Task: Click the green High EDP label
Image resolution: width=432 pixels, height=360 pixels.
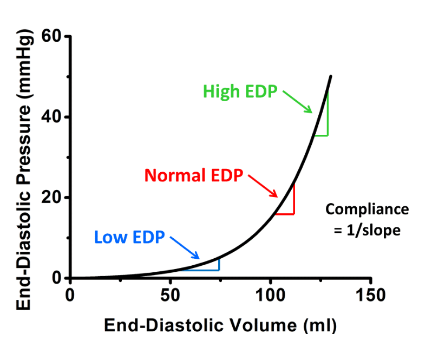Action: point(240,91)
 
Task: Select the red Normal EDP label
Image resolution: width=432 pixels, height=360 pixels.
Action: point(194,175)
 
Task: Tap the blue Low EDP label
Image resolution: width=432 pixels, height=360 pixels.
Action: point(129,237)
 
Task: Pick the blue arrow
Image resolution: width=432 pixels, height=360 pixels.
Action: point(186,248)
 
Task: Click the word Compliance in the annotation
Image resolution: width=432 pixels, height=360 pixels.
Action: point(367,210)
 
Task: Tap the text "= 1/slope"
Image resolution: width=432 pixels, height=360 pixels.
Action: point(367,230)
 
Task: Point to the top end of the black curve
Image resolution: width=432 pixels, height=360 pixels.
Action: point(330,76)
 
